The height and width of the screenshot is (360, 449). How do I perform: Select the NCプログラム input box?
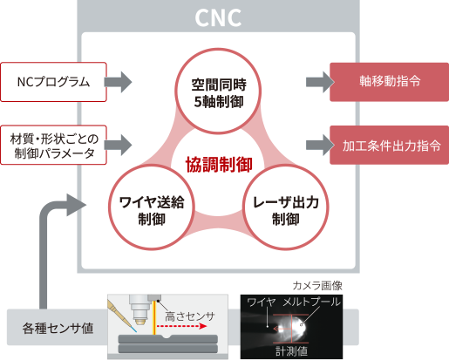pos(54,83)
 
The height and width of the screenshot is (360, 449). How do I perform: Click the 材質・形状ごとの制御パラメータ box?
pos(54,143)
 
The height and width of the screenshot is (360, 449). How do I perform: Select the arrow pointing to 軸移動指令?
pos(316,83)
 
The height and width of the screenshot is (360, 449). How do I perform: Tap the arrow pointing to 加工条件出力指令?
pos(316,142)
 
